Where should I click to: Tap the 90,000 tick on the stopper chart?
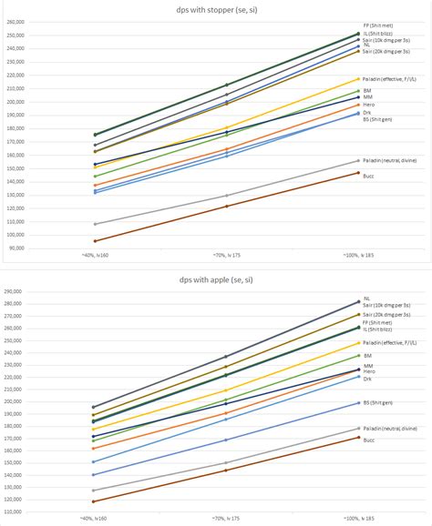pyautogui.click(x=40, y=248)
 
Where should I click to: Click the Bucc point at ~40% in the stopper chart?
pyautogui.click(x=96, y=241)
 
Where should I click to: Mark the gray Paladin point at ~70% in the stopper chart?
pyautogui.click(x=227, y=196)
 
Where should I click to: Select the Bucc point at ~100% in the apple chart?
pyautogui.click(x=358, y=437)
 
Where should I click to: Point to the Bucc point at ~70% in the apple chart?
pyautogui.click(x=227, y=470)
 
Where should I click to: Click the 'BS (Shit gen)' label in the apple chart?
pyautogui.click(x=378, y=401)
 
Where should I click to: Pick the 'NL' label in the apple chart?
pyautogui.click(x=366, y=298)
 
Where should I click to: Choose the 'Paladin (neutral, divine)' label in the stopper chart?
pyautogui.click(x=389, y=160)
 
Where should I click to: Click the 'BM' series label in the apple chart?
pyautogui.click(x=367, y=356)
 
